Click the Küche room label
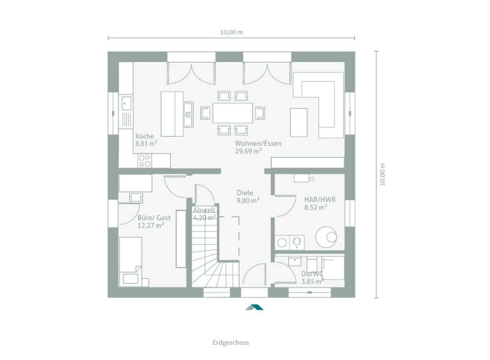(x=145, y=136)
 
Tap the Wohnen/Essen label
(x=258, y=143)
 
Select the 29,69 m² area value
(x=248, y=151)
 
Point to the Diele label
(x=245, y=193)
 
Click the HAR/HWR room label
(x=320, y=199)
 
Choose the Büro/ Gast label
(x=154, y=218)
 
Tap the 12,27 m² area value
(x=151, y=226)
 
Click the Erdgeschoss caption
(x=231, y=342)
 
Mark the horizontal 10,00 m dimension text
(x=231, y=32)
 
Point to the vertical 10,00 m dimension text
(x=383, y=174)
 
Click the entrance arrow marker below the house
(x=255, y=307)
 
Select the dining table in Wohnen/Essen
(x=233, y=113)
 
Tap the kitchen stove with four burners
(x=145, y=161)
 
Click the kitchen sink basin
(x=126, y=103)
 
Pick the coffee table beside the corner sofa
(x=299, y=122)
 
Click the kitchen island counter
(x=172, y=114)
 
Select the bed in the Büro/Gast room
(x=131, y=262)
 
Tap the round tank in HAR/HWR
(x=326, y=237)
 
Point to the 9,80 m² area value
(x=248, y=200)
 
